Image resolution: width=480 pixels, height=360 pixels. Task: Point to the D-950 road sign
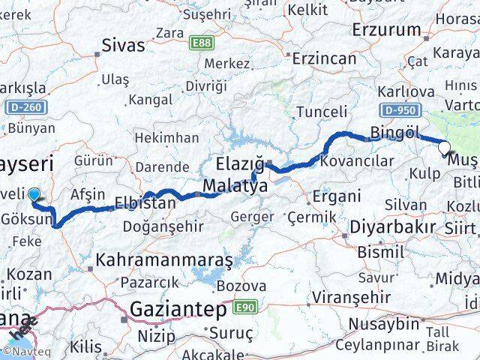click(x=397, y=111)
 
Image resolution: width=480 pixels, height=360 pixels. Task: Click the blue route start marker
click(x=34, y=196)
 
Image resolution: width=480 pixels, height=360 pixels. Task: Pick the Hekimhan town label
click(x=167, y=137)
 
